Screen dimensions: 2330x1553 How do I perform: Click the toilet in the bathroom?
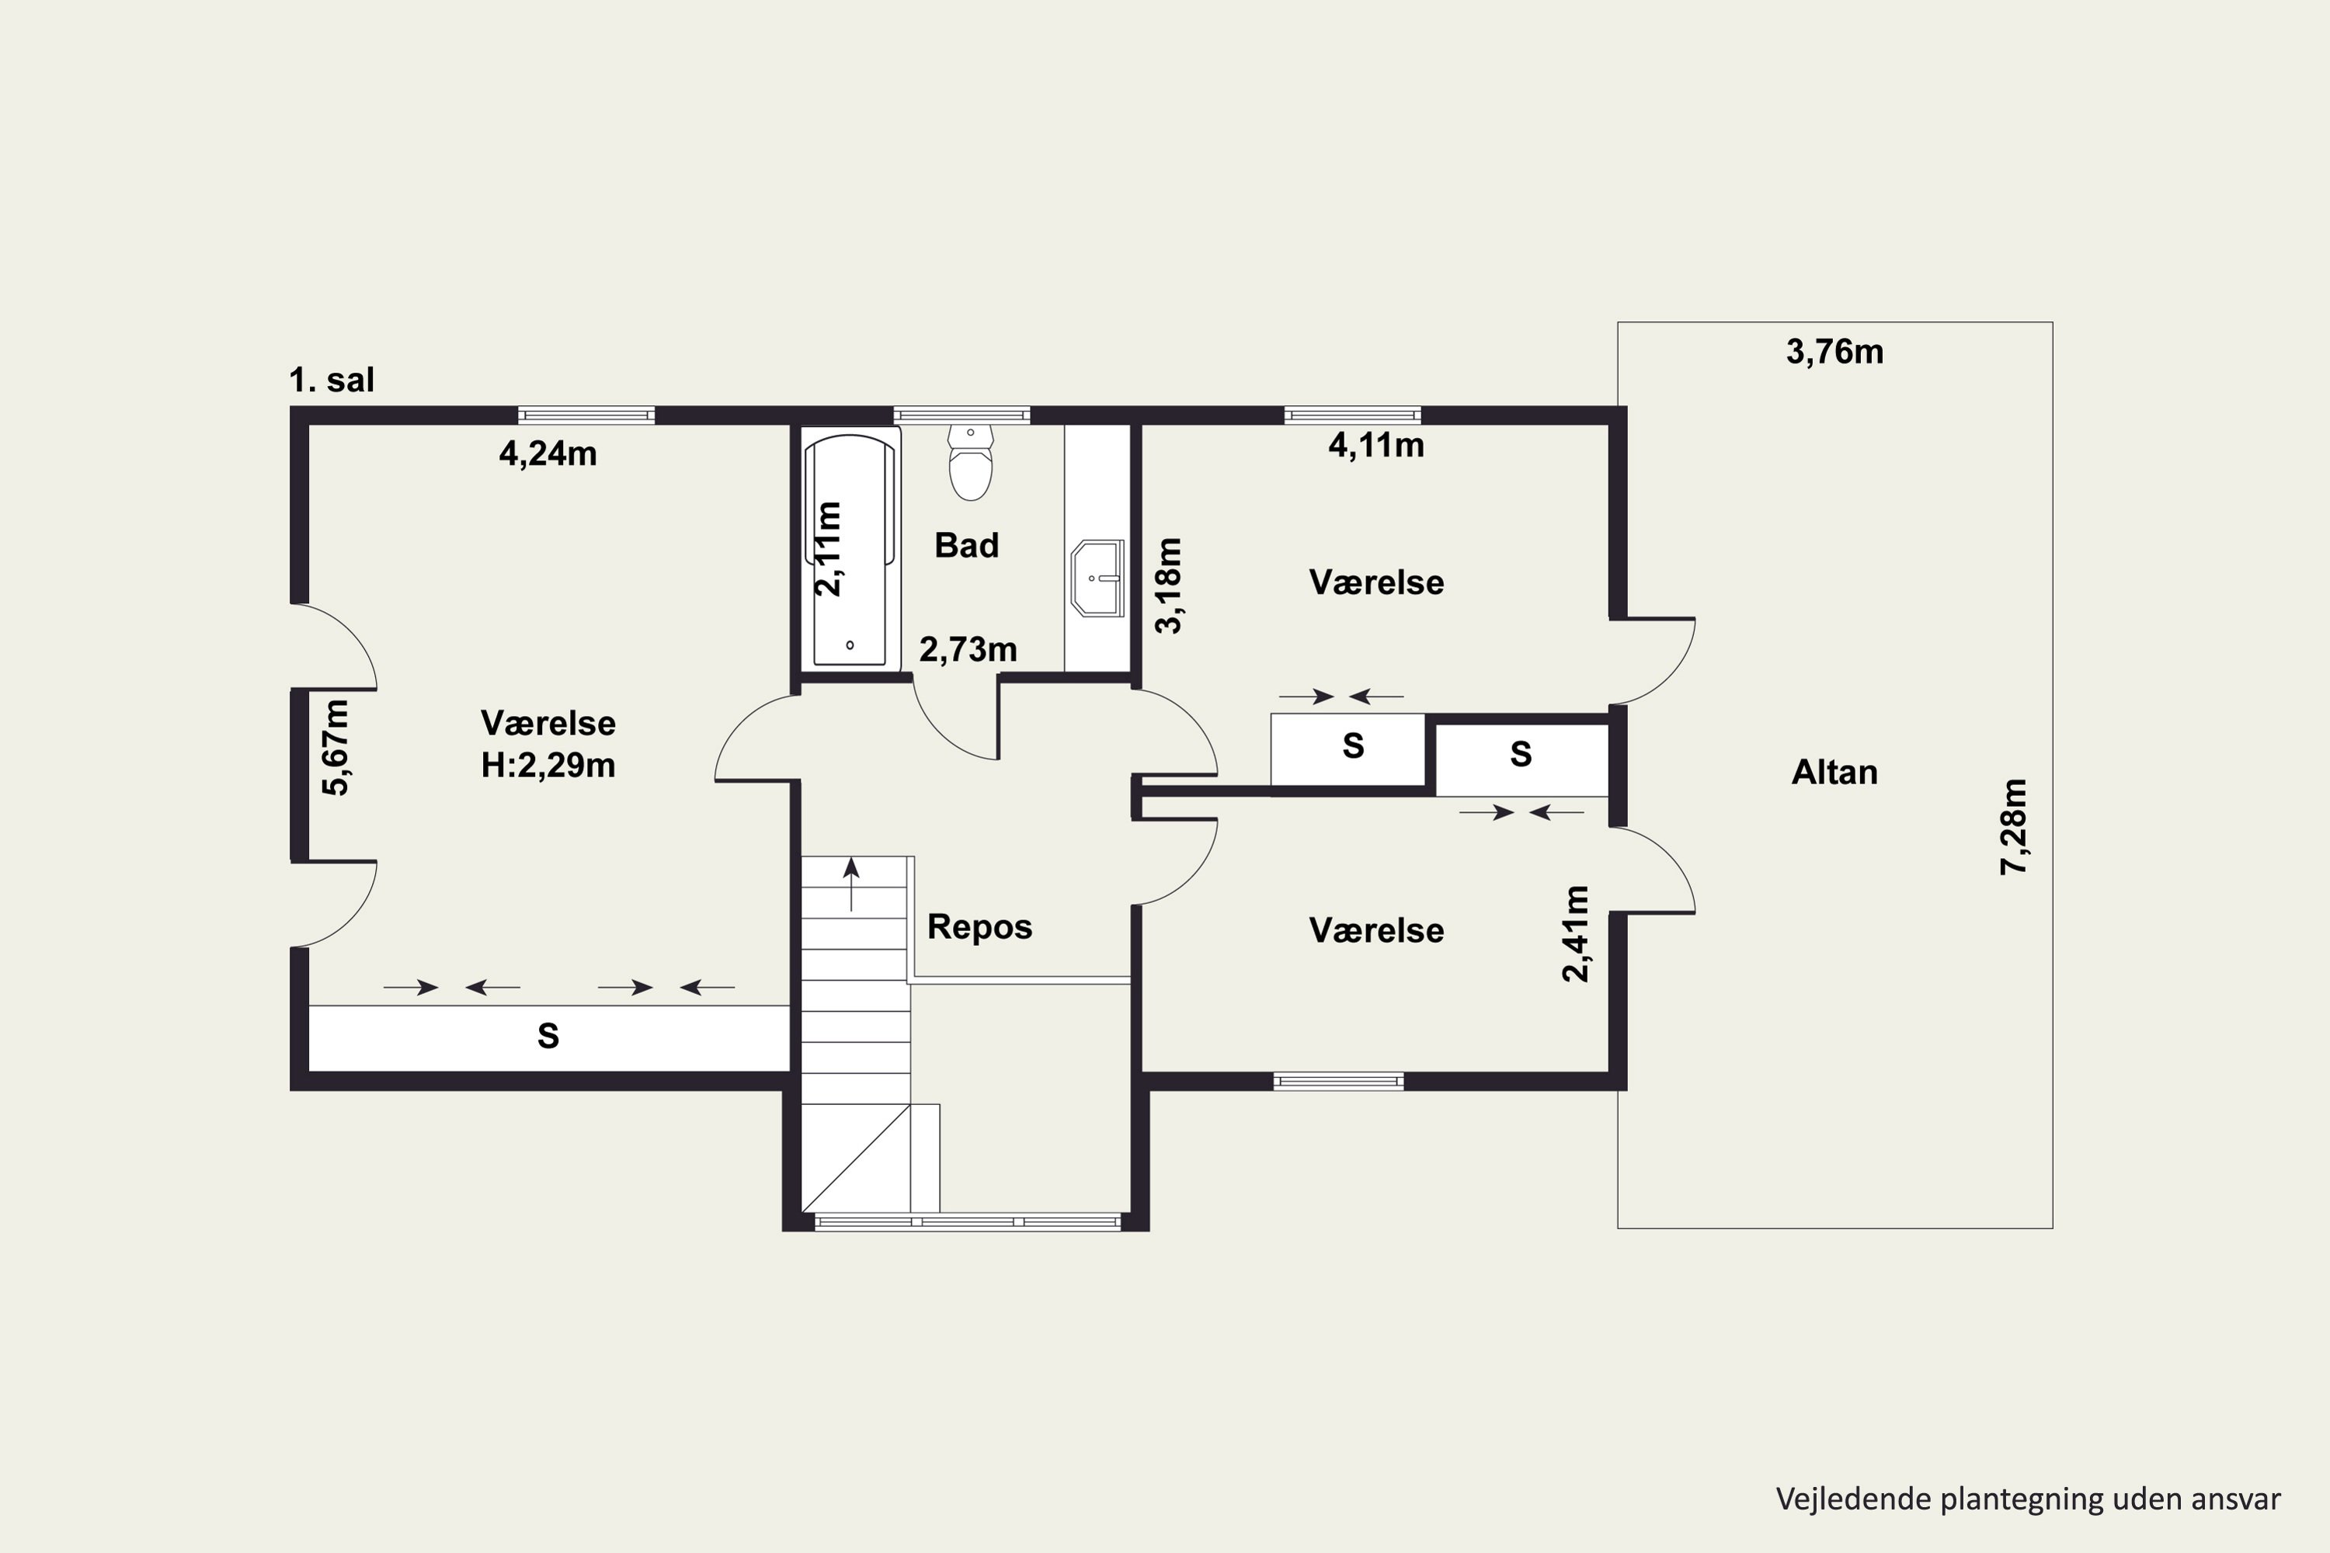click(971, 463)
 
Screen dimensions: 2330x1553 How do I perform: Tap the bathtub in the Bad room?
click(850, 550)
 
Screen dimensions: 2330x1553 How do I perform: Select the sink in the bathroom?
click(1097, 578)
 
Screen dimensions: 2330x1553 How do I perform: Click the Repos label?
click(979, 927)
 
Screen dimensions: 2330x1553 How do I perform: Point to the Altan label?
click(1834, 773)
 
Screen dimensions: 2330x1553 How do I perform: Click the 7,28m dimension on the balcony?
click(2014, 827)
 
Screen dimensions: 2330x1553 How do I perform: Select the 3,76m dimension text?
click(1834, 353)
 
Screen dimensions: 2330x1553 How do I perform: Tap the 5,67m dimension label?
click(336, 748)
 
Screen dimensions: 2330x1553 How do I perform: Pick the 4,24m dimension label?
click(548, 453)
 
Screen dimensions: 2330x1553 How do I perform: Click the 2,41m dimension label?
click(1574, 934)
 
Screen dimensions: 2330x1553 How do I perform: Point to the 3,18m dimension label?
click(1169, 585)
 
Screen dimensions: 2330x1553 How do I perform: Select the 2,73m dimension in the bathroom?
click(968, 650)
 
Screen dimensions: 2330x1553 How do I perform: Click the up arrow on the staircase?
click(851, 884)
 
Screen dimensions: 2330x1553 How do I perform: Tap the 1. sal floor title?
click(332, 380)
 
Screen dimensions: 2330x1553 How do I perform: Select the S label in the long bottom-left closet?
click(548, 1036)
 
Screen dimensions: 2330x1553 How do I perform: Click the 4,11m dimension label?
click(1376, 446)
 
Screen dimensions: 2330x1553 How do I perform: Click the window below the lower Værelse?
click(1338, 1082)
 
